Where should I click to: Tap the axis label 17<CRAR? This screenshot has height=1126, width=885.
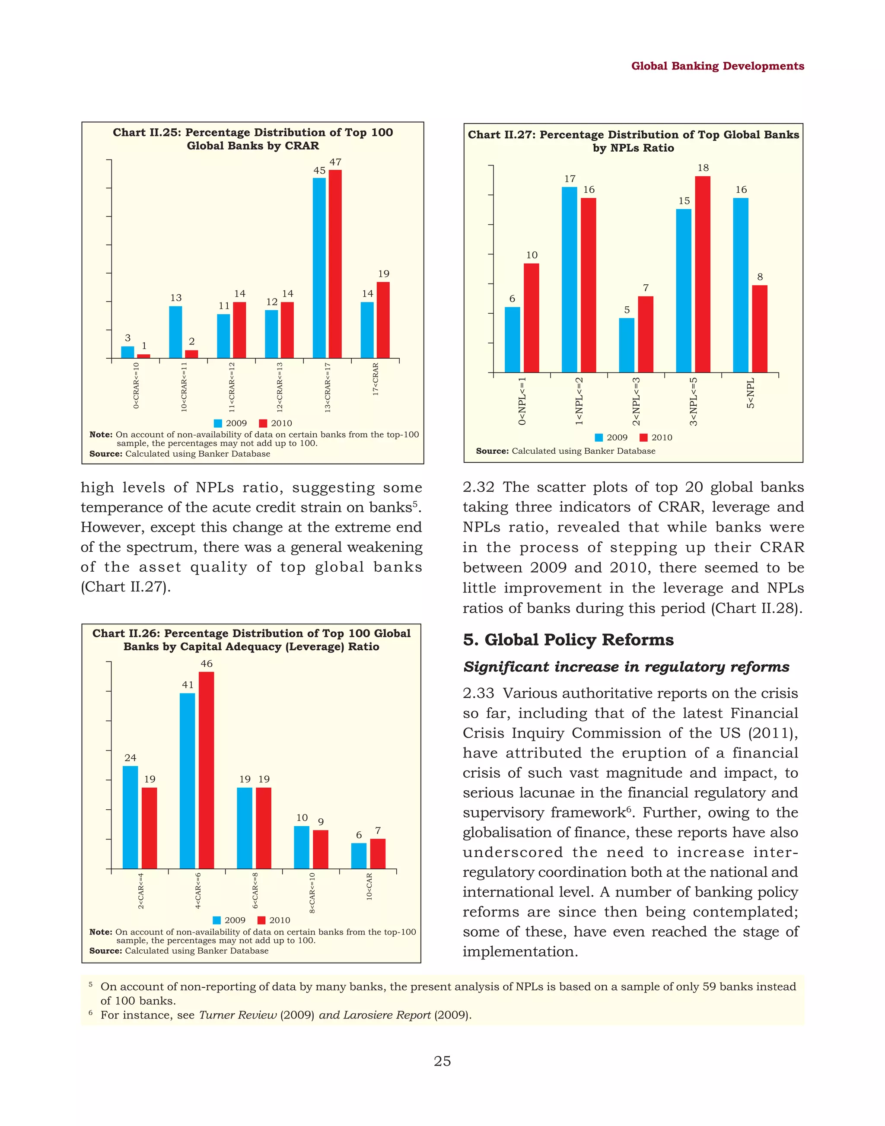(376, 379)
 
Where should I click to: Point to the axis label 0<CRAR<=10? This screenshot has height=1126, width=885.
(136, 385)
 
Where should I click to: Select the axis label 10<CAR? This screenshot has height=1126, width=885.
(369, 887)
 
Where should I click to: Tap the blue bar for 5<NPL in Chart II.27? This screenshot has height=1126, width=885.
(740, 285)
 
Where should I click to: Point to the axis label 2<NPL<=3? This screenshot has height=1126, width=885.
(636, 401)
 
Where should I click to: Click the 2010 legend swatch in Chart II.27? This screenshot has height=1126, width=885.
(643, 437)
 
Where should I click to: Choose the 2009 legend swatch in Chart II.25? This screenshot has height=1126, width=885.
(218, 423)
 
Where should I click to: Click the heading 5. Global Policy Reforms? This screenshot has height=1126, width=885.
(568, 639)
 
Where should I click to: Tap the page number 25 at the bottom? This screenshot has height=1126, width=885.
(442, 1061)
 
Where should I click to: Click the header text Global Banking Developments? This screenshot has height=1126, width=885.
(717, 66)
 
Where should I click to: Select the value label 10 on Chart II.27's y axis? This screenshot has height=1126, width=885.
(532, 255)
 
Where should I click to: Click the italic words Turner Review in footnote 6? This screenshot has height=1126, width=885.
(238, 1015)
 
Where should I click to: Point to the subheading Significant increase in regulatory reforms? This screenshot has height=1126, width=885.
(626, 666)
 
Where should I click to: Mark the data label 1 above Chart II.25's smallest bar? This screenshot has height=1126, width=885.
(144, 346)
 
